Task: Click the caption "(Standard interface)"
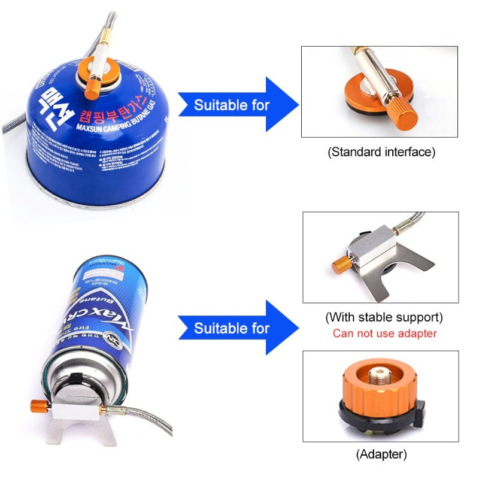(x=381, y=152)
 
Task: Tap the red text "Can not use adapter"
(x=385, y=334)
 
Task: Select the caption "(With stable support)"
(x=384, y=317)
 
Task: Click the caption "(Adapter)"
(x=381, y=454)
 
